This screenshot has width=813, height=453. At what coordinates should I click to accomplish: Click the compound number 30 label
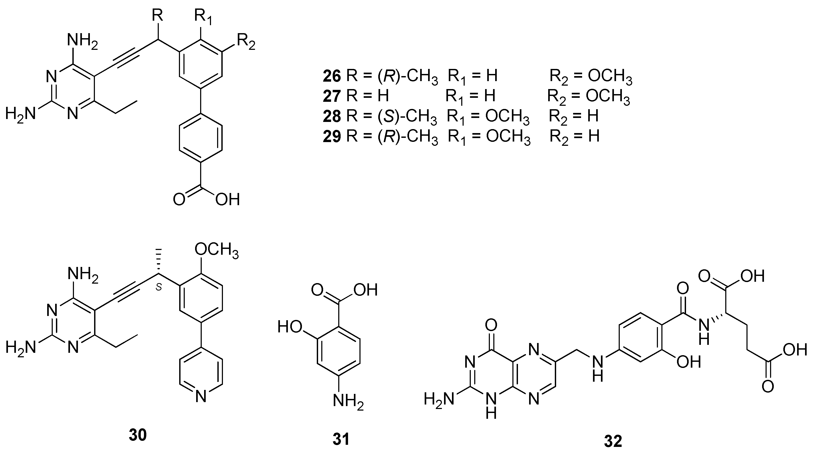coord(138,435)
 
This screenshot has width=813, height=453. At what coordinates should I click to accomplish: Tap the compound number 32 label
coord(613,441)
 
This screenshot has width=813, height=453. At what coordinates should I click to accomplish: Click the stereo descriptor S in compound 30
coord(159,287)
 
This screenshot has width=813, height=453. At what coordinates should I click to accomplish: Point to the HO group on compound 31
coord(290,327)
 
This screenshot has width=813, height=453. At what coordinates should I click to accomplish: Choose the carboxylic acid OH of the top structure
coord(227,200)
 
